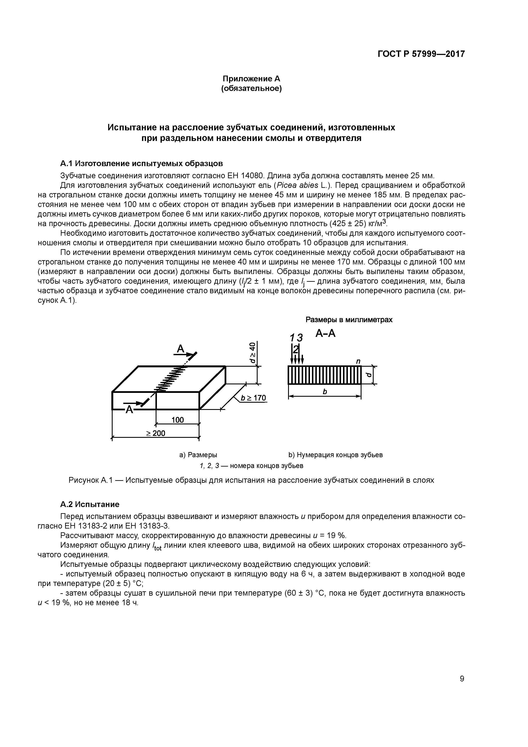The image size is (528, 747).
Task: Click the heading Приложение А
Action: [251, 79]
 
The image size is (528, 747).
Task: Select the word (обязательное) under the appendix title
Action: [251, 89]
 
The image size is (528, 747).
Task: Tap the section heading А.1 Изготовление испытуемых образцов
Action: [142, 163]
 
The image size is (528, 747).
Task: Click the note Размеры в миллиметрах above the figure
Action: [349, 320]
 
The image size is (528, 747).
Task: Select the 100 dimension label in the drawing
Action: [178, 420]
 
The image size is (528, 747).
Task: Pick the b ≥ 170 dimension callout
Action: [253, 398]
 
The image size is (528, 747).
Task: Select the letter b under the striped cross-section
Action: [324, 392]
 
